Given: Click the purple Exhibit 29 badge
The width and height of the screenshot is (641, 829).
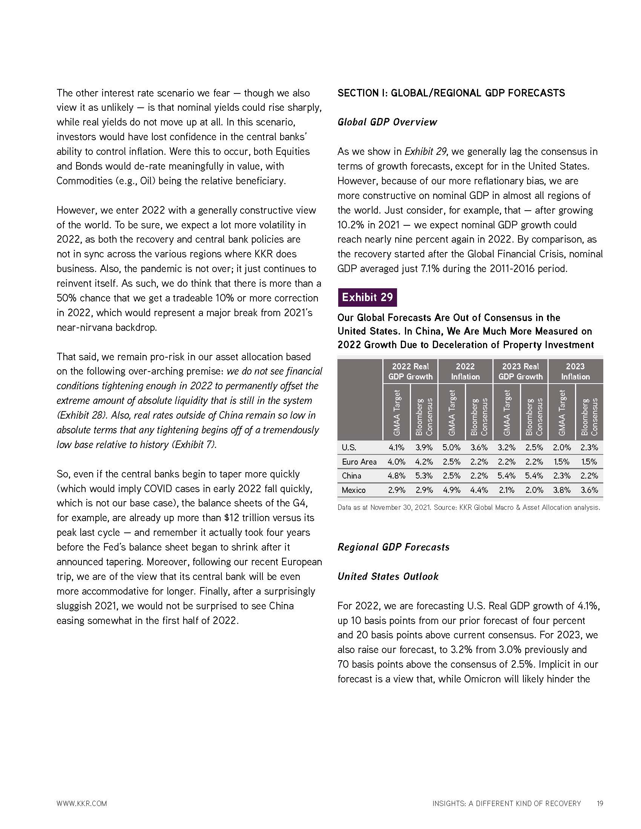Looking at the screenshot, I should coord(367,297).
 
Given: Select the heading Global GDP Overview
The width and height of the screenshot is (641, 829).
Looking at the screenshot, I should coord(387,122).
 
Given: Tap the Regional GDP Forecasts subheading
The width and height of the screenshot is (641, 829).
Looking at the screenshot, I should coord(393,547).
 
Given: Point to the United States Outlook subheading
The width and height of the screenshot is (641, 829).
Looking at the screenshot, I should coord(388,576).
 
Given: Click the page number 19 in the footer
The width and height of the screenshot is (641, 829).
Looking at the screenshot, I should coord(600,803).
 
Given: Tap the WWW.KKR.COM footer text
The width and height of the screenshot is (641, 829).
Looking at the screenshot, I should coord(82,803).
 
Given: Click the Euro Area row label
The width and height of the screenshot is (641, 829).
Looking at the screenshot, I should coord(359,462).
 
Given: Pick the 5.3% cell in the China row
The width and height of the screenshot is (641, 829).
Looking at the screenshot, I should coord(424,476).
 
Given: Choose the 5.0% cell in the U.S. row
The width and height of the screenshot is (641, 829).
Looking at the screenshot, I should coord(451,448).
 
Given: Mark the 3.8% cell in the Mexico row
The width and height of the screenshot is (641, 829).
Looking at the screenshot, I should coord(561,490).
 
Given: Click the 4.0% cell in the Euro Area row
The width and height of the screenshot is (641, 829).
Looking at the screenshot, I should coord(396,462).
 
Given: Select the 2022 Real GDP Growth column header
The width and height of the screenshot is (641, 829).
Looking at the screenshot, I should coord(410,371).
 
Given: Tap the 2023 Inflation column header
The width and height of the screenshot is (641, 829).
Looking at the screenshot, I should coord(575,371).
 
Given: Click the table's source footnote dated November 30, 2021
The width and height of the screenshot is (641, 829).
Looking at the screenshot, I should coord(469,507).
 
